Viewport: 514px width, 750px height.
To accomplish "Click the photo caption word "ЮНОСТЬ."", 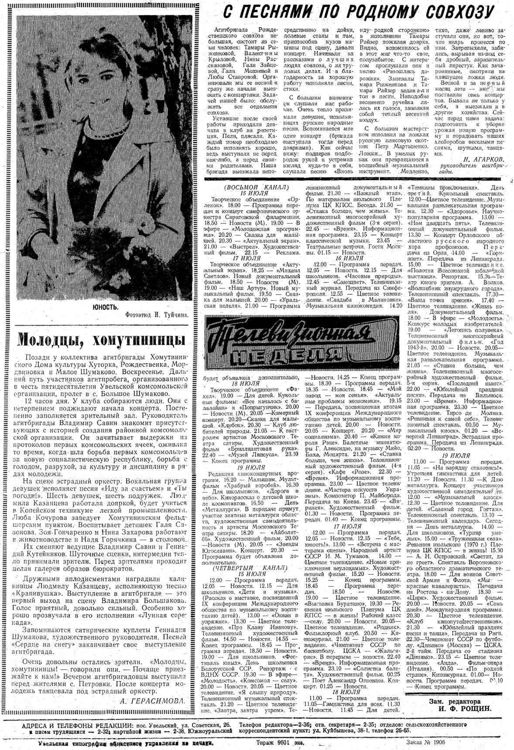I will [x=105, y=307].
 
